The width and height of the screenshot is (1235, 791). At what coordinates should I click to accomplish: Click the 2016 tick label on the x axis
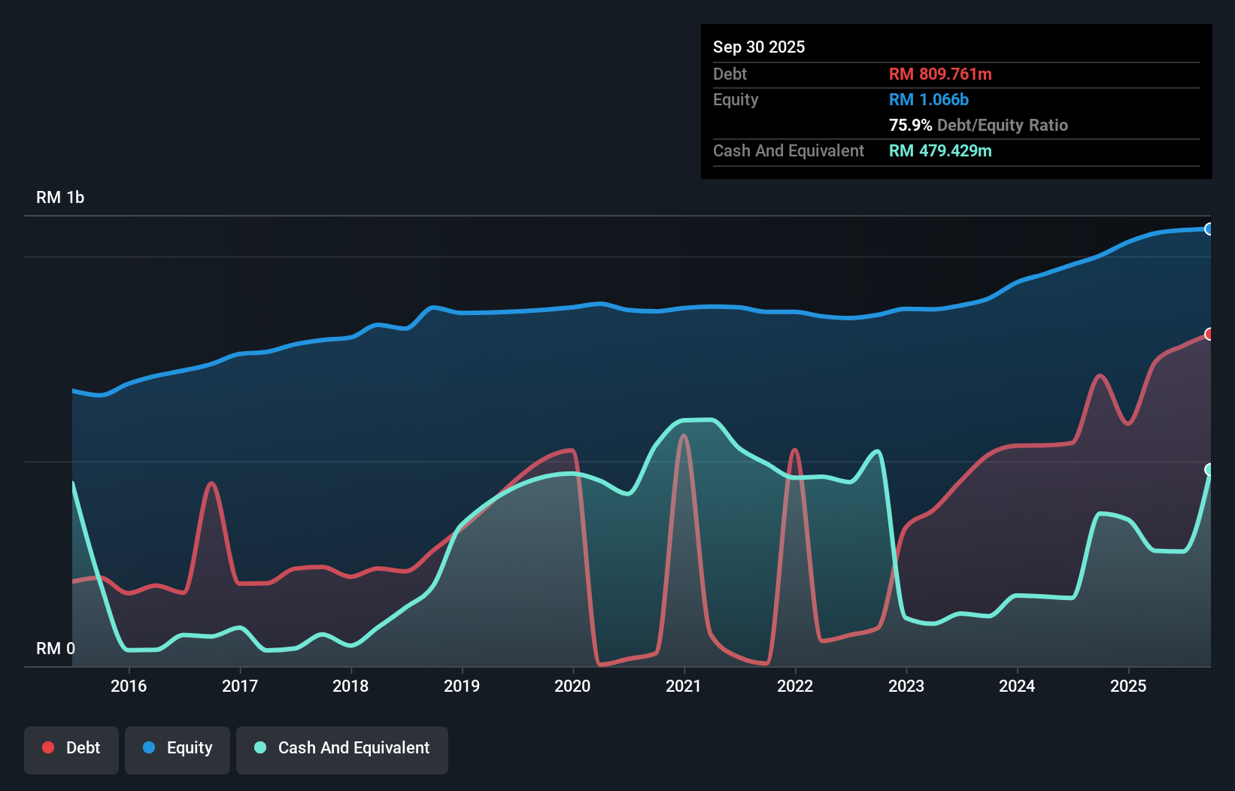[129, 686]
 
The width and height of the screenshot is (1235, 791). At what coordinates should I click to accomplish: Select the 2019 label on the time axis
[462, 686]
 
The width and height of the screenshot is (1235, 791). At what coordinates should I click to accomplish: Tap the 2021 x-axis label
[684, 686]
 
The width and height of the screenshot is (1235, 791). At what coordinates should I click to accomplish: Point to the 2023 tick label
[906, 686]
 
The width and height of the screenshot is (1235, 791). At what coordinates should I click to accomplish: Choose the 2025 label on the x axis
[1128, 686]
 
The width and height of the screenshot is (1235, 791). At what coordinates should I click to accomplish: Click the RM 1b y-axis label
[60, 197]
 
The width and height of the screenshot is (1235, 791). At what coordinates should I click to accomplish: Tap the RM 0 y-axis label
[56, 648]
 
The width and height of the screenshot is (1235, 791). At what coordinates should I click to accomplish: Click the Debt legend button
[71, 748]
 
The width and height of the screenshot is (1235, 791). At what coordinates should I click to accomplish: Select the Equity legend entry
[178, 748]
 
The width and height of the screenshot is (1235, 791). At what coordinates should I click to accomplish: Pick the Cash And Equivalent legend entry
[342, 748]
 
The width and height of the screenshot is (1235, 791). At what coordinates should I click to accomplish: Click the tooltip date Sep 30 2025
[759, 47]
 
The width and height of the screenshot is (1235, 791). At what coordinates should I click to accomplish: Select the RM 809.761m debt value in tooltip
[940, 74]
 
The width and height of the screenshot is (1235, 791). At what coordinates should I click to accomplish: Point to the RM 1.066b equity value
[929, 99]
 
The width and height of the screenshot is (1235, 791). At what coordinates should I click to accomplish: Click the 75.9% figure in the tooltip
[910, 125]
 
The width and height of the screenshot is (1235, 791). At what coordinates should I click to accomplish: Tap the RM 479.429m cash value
[940, 150]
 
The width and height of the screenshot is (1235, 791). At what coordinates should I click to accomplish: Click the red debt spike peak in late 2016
[211, 483]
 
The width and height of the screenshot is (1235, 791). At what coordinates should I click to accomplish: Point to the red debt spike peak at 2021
[683, 436]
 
